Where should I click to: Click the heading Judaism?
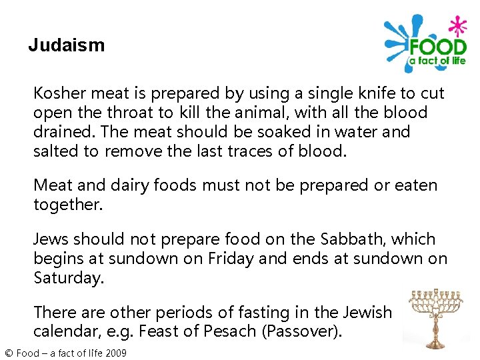67,45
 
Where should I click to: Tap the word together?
68,205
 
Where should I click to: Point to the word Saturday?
69,278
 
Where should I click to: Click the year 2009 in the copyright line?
115,353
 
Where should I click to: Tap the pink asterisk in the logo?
458,27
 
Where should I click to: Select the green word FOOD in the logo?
437,47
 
